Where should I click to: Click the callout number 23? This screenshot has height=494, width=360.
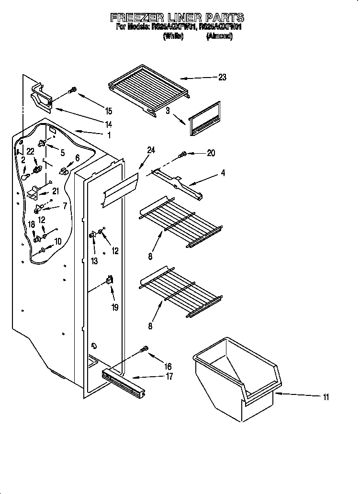[x=222, y=78]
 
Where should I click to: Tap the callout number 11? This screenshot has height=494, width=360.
[x=326, y=396]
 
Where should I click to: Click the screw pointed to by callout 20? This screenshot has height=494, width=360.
[x=182, y=154]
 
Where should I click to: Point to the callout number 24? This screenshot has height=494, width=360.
[x=151, y=150]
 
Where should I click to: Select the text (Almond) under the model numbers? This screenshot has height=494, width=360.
[x=219, y=36]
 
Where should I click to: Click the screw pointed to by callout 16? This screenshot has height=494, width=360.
[x=144, y=351]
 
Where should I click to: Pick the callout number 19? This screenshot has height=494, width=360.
[x=115, y=307]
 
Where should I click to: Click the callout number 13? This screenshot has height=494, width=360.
[x=94, y=261]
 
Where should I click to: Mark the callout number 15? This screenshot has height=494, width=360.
[x=109, y=111]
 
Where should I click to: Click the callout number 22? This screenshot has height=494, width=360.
[x=30, y=151]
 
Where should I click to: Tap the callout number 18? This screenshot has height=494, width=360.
[x=31, y=224]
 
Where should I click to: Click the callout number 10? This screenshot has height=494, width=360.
[x=57, y=242]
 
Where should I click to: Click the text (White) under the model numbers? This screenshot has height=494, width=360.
[x=173, y=36]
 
